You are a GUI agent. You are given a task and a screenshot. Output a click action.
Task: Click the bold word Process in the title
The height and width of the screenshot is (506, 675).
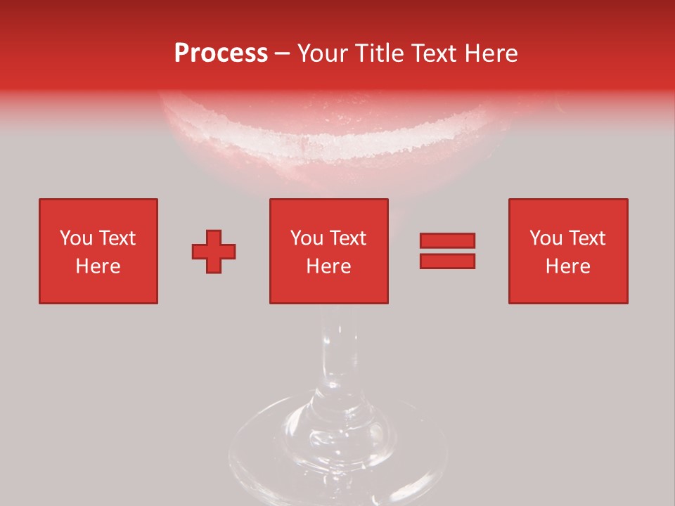coord(221,53)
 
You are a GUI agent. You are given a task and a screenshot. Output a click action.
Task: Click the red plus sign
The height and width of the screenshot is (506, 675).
coord(214,251)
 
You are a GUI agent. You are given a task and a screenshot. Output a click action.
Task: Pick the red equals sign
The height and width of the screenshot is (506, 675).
coord(447,251)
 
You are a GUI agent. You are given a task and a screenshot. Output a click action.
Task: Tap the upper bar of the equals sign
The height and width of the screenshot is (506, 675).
coord(447,241)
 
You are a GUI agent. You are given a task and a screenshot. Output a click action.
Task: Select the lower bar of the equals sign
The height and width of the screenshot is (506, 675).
coord(447,261)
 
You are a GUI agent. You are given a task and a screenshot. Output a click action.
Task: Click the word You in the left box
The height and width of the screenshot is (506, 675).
coord(77,238)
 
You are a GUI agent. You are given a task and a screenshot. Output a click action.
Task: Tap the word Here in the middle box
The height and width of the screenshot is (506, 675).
coord(328,266)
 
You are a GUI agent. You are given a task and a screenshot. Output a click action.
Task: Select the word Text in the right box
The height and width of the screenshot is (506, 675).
coord(588,238)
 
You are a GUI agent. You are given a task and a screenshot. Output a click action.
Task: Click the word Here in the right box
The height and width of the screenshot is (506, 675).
coord(567,266)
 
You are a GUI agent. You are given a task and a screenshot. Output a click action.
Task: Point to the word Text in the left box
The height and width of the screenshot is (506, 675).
coord(117,238)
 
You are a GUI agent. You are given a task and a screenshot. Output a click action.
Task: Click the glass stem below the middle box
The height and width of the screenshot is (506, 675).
coord(336,351)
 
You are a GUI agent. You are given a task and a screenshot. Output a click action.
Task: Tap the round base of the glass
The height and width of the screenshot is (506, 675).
coord(337,450)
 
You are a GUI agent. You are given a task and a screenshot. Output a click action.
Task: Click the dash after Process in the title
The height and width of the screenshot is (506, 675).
coord(283,53)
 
